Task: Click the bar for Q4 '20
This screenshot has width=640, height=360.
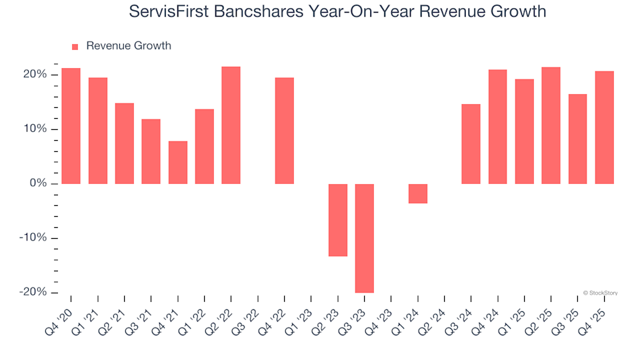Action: coord(71,126)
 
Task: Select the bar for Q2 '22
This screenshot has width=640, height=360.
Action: coord(231,125)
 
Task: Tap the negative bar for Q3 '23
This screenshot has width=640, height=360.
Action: coord(364,238)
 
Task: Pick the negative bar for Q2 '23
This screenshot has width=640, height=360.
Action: coord(337,220)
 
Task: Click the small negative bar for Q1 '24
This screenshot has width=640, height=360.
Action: coord(417,193)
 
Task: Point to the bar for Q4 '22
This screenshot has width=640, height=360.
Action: coord(284,131)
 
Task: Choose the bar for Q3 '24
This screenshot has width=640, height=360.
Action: coord(471,144)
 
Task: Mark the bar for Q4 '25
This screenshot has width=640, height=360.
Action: coord(604,127)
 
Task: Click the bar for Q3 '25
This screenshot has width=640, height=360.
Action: coord(577,139)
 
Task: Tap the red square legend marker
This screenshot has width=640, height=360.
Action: coord(75,47)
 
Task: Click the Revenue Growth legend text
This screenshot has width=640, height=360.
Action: coord(129,46)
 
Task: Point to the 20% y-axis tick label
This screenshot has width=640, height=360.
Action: coord(34,74)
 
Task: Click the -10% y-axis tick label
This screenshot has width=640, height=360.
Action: coord(32,238)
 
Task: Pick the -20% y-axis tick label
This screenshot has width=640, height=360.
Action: coord(32,293)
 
